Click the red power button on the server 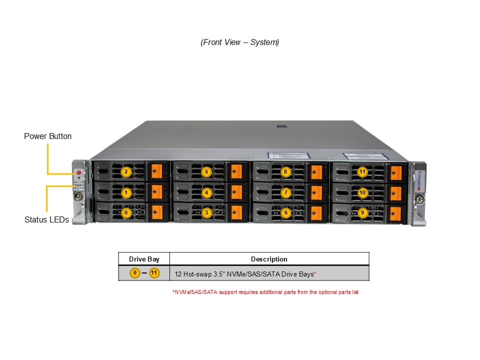78,172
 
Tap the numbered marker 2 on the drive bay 126,172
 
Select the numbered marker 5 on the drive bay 206,172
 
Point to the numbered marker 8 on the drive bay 285,172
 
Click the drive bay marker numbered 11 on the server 362,172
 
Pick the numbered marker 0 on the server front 126,212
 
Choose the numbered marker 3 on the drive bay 206,212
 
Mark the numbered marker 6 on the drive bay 285,212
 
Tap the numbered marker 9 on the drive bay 362,212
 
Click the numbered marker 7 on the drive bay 285,192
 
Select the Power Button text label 48,136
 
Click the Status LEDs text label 46,219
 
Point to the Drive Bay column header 144,259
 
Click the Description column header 269,259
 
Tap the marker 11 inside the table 154,273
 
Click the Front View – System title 240,42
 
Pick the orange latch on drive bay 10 395,193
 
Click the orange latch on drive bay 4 236,192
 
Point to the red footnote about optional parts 265,292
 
